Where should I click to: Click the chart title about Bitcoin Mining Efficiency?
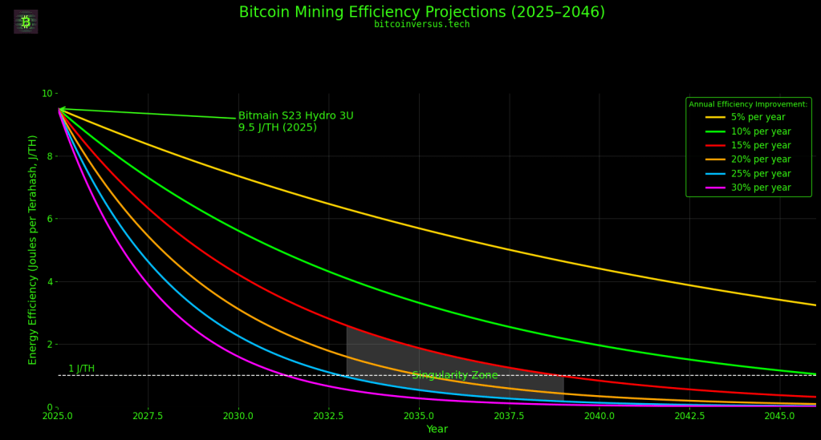pyautogui.click(x=421, y=13)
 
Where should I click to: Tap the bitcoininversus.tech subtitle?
pyautogui.click(x=421, y=25)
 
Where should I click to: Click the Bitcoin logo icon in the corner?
pyautogui.click(x=26, y=22)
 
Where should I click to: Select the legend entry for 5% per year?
pyautogui.click(x=759, y=118)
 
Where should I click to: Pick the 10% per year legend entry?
pyautogui.click(x=762, y=131)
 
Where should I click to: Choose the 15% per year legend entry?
pyautogui.click(x=762, y=146)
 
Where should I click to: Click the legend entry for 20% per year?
pyautogui.click(x=762, y=159)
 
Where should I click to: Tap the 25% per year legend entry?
pyautogui.click(x=762, y=174)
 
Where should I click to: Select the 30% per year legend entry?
pyautogui.click(x=762, y=188)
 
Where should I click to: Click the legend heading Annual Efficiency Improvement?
pyautogui.click(x=748, y=104)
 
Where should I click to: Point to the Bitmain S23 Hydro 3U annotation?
pyautogui.click(x=295, y=122)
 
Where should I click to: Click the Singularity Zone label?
pyautogui.click(x=455, y=376)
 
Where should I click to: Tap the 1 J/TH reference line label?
pyautogui.click(x=81, y=369)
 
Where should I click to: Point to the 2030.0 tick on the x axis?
pyautogui.click(x=238, y=417)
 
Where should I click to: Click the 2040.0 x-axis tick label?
pyautogui.click(x=599, y=417)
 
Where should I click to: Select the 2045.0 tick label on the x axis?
pyautogui.click(x=779, y=417)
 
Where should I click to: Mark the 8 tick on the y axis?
pyautogui.click(x=47, y=156)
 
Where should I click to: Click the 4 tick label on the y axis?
pyautogui.click(x=47, y=282)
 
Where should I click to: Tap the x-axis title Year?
pyautogui.click(x=437, y=430)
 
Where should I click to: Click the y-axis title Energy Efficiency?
pyautogui.click(x=34, y=250)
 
